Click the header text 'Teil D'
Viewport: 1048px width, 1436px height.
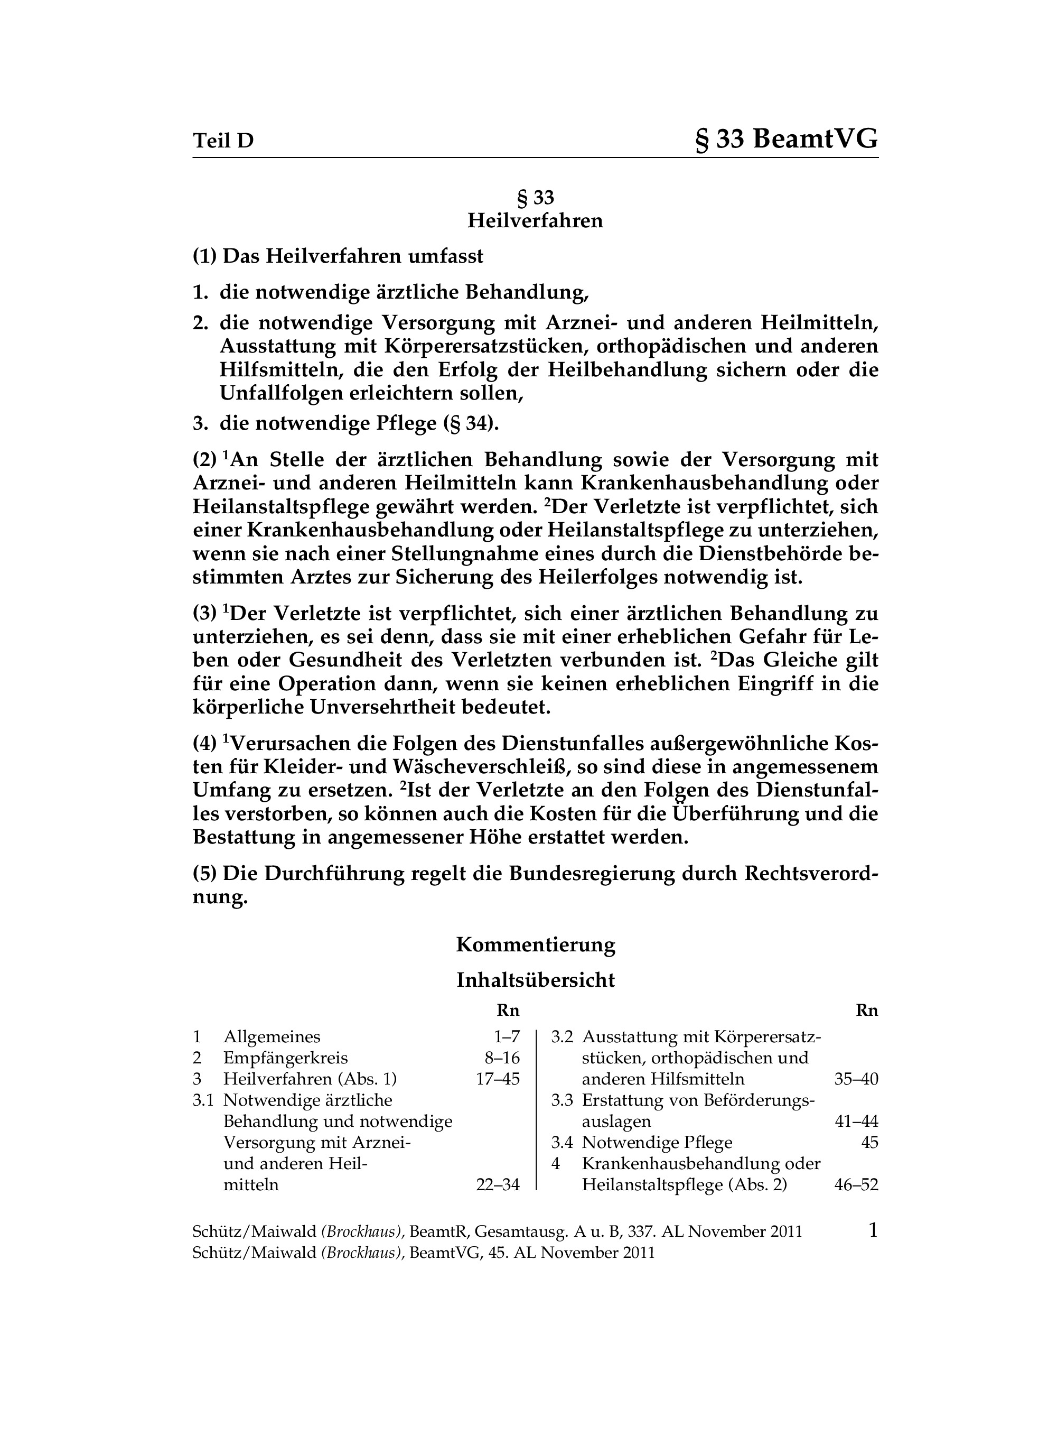pos(223,140)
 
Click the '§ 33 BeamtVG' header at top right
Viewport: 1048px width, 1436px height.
pos(787,139)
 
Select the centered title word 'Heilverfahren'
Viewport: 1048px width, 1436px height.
pos(536,221)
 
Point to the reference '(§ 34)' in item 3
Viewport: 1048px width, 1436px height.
pos(471,423)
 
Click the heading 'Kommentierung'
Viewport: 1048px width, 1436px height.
pos(536,945)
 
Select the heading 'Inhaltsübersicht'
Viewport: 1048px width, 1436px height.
pos(536,980)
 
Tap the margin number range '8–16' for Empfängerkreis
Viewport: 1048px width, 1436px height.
pos(502,1058)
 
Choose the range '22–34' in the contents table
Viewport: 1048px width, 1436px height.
pos(498,1185)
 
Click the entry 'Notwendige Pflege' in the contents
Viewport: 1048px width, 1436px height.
pos(657,1143)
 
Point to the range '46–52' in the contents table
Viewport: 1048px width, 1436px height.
pos(856,1185)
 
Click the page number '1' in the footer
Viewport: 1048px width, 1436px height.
pos(873,1231)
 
